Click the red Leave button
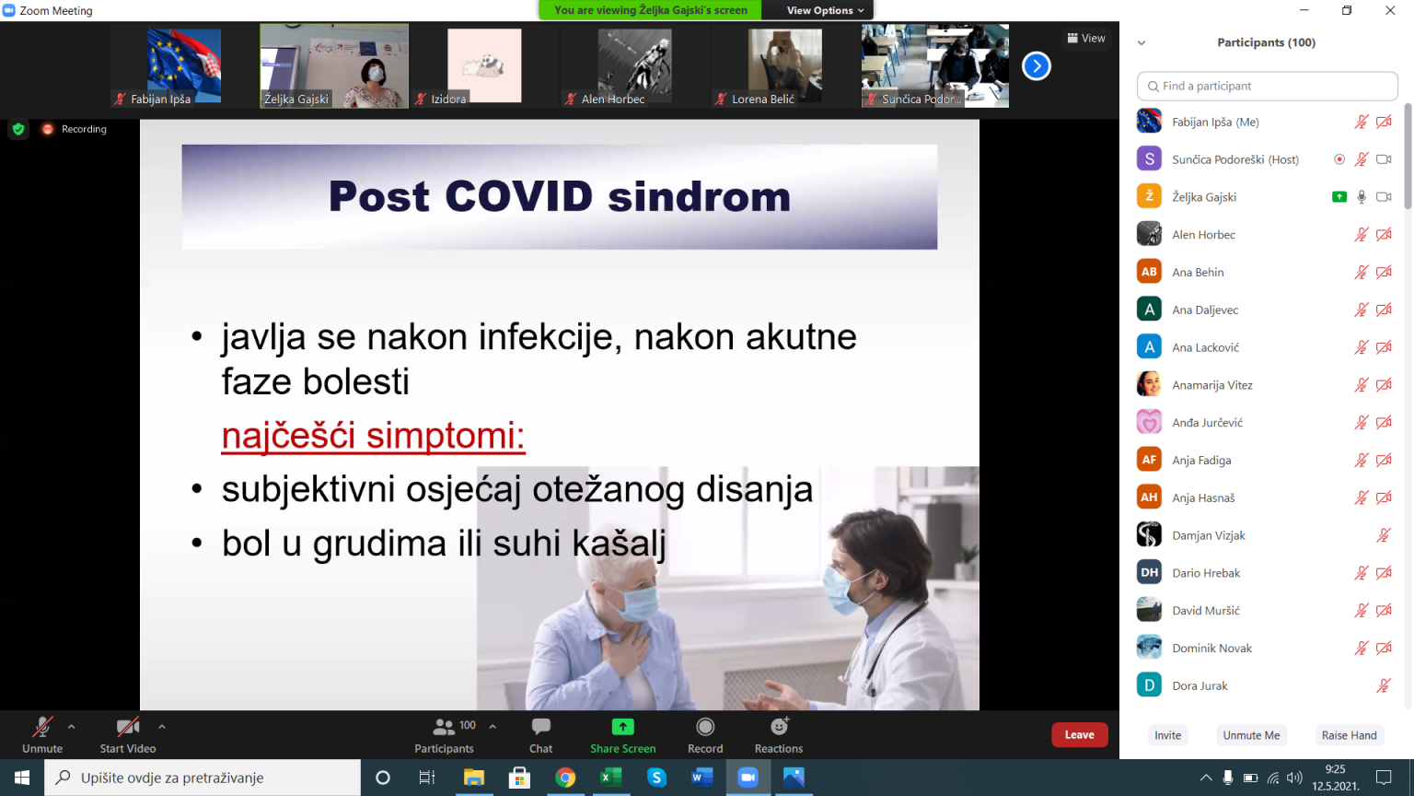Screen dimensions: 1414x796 (1080, 734)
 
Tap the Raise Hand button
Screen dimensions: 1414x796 (1349, 735)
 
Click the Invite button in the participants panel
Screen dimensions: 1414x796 (1168, 735)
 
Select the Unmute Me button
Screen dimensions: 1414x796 (1251, 735)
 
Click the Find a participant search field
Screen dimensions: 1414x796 (1267, 86)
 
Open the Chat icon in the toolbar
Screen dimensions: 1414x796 (541, 727)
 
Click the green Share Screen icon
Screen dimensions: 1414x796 (622, 727)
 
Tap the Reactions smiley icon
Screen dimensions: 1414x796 (780, 727)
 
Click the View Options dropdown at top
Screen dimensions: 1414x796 (825, 10)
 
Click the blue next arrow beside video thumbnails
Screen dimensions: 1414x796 (1036, 65)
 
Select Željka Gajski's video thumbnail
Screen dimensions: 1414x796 (334, 65)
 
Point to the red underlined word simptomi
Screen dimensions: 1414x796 (446, 436)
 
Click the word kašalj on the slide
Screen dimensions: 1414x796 (620, 544)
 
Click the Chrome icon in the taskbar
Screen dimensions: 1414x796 (565, 778)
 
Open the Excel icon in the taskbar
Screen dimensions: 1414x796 (610, 778)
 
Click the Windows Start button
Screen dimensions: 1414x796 (22, 778)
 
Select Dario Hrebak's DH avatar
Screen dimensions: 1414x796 (1149, 573)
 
